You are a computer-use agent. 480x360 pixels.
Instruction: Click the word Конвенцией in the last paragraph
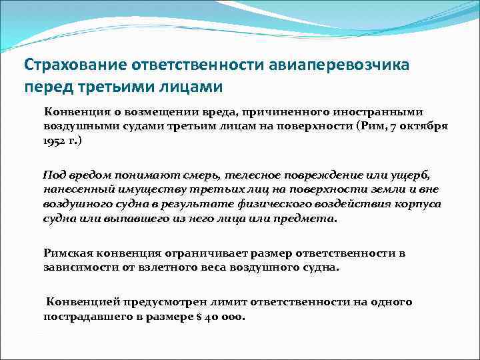tap(79, 302)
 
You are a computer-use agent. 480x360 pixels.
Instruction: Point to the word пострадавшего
tap(85, 317)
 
